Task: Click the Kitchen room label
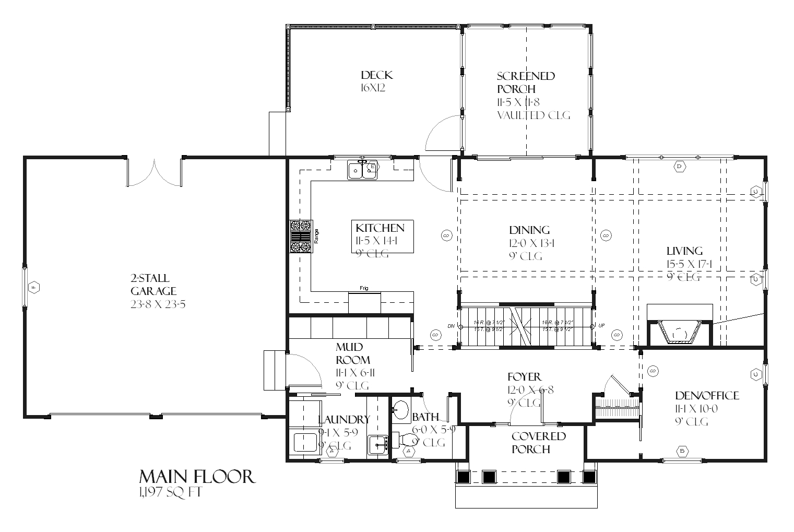[x=380, y=228]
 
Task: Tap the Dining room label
[x=529, y=230]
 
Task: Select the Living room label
[x=684, y=251]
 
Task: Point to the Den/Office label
[x=707, y=396]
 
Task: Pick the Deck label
[x=376, y=75]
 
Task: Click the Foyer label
[x=524, y=377]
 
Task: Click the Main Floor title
[x=197, y=477]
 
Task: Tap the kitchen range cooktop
[x=301, y=237]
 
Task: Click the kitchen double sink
[x=363, y=170]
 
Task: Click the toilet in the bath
[x=405, y=440]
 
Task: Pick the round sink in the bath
[x=400, y=409]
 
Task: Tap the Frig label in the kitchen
[x=364, y=288]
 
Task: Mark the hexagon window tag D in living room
[x=680, y=167]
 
